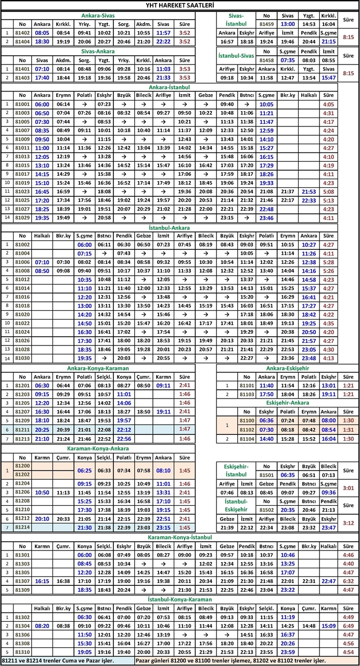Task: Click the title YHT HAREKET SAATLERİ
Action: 180,5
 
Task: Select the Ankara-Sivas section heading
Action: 98,15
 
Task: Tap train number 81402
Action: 22,32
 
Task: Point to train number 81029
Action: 22,218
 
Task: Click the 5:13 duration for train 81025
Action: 328,200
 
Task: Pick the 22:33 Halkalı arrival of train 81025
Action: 309,200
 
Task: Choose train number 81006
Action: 22,262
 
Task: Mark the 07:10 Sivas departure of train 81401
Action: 42,69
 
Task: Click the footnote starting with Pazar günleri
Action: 246,661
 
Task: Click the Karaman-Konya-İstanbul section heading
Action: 179,536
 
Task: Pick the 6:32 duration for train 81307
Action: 349,581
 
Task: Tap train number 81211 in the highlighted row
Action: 22,429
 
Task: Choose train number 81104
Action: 247,439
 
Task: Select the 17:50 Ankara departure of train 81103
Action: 266,394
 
